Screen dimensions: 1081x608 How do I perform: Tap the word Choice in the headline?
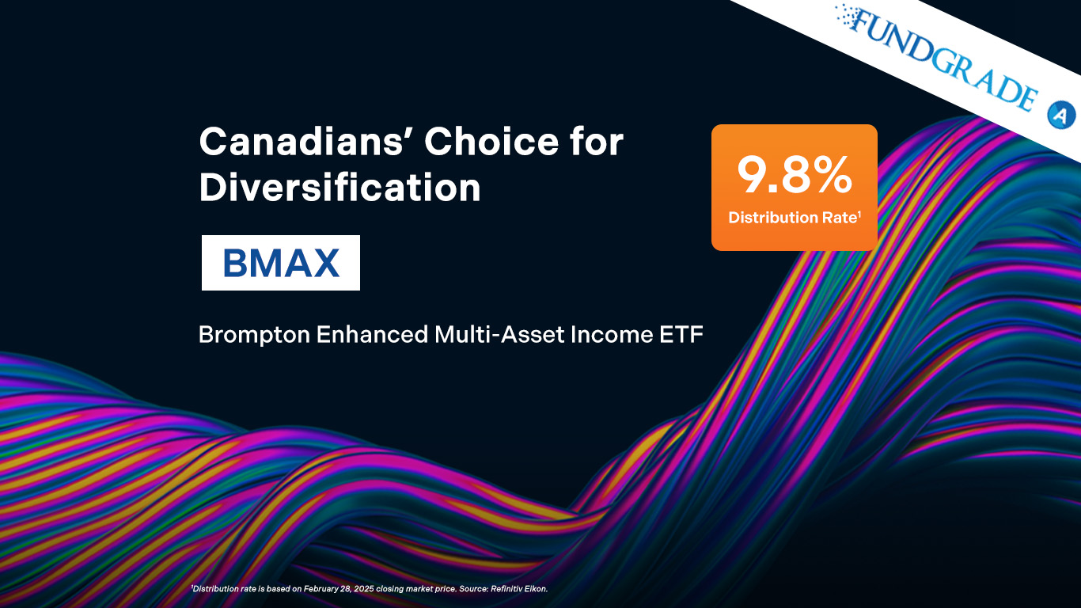(x=491, y=142)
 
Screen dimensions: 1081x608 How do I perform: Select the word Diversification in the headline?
(x=339, y=188)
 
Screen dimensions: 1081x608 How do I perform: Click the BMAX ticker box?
(x=281, y=263)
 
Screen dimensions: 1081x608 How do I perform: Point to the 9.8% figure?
(x=795, y=175)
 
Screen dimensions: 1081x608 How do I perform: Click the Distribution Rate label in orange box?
(x=792, y=218)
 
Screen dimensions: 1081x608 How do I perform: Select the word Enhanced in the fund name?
(x=372, y=334)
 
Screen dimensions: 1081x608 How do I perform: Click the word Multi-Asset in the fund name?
(x=499, y=334)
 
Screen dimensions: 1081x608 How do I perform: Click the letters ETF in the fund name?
(x=681, y=335)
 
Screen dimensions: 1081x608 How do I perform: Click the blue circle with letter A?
(x=1060, y=115)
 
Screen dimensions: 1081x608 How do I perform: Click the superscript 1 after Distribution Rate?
(x=859, y=213)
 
